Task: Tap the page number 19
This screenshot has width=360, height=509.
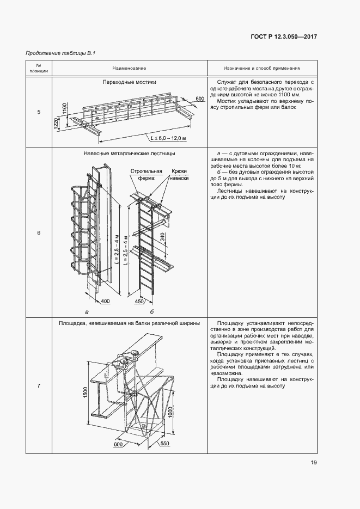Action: (x=314, y=463)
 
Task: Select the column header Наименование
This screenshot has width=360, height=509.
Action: (x=129, y=69)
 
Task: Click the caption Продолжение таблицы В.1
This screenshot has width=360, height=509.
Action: (x=60, y=53)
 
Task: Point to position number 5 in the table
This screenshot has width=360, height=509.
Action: (x=38, y=112)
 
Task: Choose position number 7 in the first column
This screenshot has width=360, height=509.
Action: (x=38, y=386)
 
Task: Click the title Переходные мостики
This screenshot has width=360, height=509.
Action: (x=129, y=82)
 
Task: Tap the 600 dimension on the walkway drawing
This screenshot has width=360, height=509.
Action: (x=200, y=99)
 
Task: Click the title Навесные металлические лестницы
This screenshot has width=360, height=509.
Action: (x=129, y=154)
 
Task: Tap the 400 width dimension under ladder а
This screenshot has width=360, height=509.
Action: (x=105, y=301)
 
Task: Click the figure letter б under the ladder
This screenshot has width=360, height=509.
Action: (x=152, y=312)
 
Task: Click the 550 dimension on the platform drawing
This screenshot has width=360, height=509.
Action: (x=165, y=444)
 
